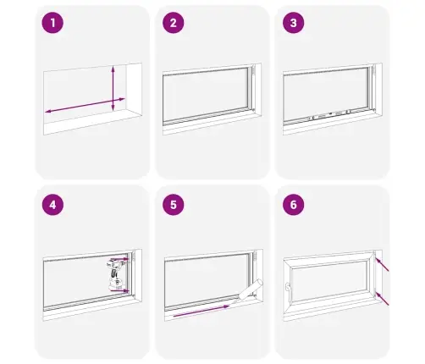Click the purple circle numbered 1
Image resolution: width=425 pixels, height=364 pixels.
52,23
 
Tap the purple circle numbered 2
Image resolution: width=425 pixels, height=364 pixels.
174,23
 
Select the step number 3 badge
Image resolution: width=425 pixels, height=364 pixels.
294,23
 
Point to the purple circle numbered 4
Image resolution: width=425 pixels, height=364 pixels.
52,205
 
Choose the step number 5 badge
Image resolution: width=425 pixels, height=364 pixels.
174,205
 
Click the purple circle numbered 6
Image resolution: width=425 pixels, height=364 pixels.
294,205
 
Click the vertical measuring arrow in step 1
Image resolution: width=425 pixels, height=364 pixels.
113,88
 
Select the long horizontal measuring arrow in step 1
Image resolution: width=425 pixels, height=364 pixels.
85,105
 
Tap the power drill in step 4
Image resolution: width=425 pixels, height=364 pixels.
116,275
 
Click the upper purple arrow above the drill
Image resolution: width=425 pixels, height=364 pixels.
119,259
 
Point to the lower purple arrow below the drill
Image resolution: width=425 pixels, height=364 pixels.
119,290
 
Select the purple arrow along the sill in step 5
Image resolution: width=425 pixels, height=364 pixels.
201,311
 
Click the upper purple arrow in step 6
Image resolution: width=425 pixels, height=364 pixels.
382,265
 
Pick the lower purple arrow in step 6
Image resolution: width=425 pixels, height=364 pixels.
382,299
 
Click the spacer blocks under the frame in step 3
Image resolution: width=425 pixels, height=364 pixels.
329,114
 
